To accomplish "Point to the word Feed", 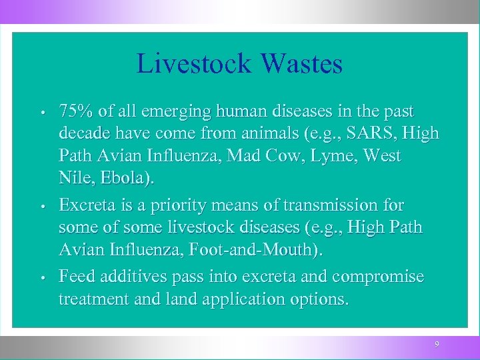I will click(x=76, y=275).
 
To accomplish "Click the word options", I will click(x=319, y=299).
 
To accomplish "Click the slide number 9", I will click(x=437, y=344).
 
